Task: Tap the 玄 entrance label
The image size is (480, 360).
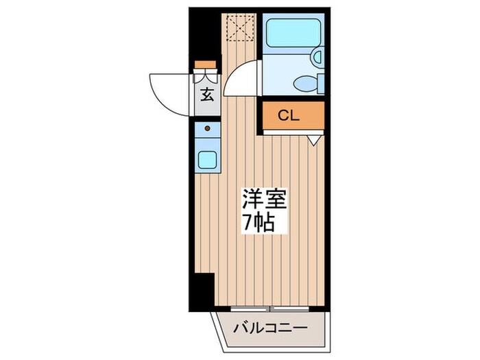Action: pyautogui.click(x=207, y=95)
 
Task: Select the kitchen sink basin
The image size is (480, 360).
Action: pyautogui.click(x=207, y=160)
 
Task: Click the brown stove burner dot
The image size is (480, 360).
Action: pyautogui.click(x=207, y=128)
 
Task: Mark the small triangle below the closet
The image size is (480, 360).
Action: pyautogui.click(x=313, y=140)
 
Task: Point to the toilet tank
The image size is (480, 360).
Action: pyautogui.click(x=320, y=83)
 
